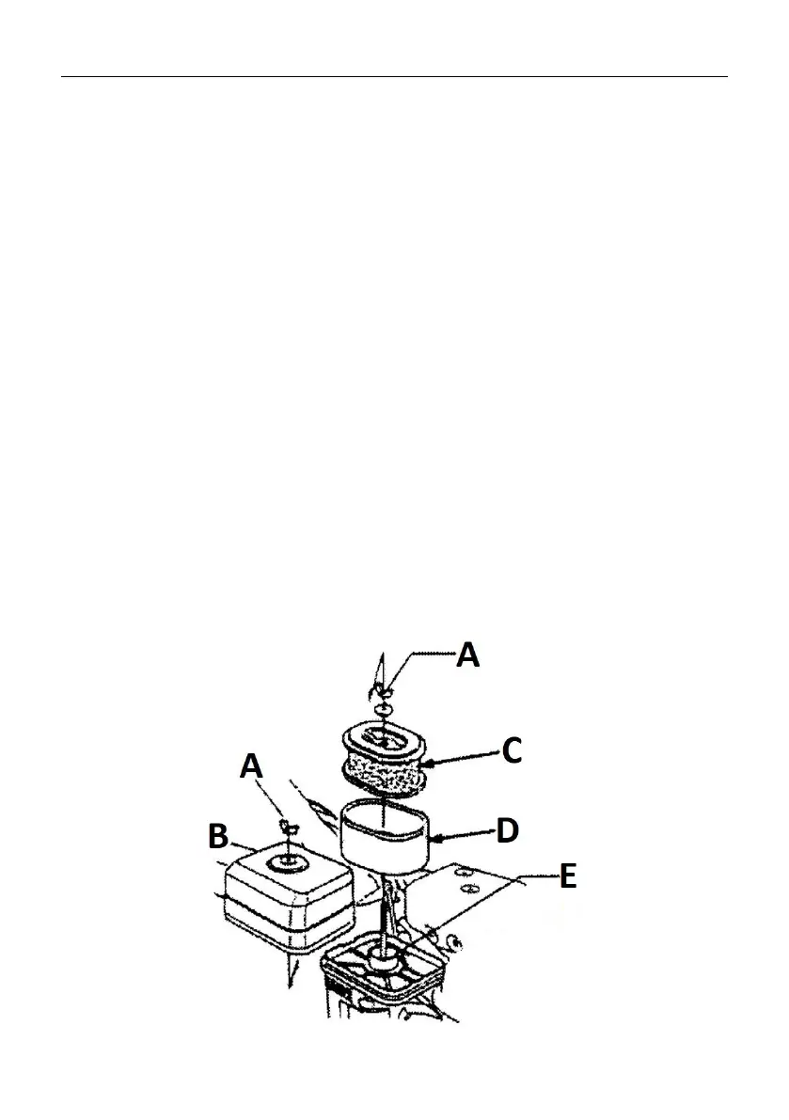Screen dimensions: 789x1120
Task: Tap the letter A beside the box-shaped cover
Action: pyautogui.click(x=251, y=768)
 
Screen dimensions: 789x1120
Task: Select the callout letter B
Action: pyautogui.click(x=218, y=834)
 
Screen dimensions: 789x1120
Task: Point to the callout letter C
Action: pyautogui.click(x=513, y=751)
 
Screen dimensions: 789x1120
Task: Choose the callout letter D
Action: pyautogui.click(x=506, y=830)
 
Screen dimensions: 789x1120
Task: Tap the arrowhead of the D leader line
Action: pyautogui.click(x=435, y=833)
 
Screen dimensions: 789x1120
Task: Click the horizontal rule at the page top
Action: pyautogui.click(x=394, y=77)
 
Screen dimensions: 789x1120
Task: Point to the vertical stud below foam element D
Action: pyautogui.click(x=386, y=912)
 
